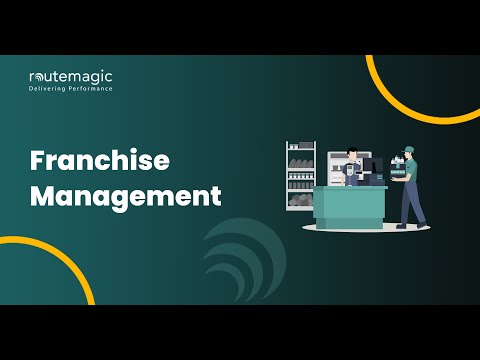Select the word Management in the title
tap(125, 196)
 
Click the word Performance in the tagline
tap(90, 89)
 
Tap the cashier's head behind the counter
tap(352, 155)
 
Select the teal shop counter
tap(349, 203)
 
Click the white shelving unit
tap(301, 175)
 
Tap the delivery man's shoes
tap(404, 226)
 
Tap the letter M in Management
tap(43, 196)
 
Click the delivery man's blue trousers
tap(410, 200)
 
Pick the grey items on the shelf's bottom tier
tap(301, 201)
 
